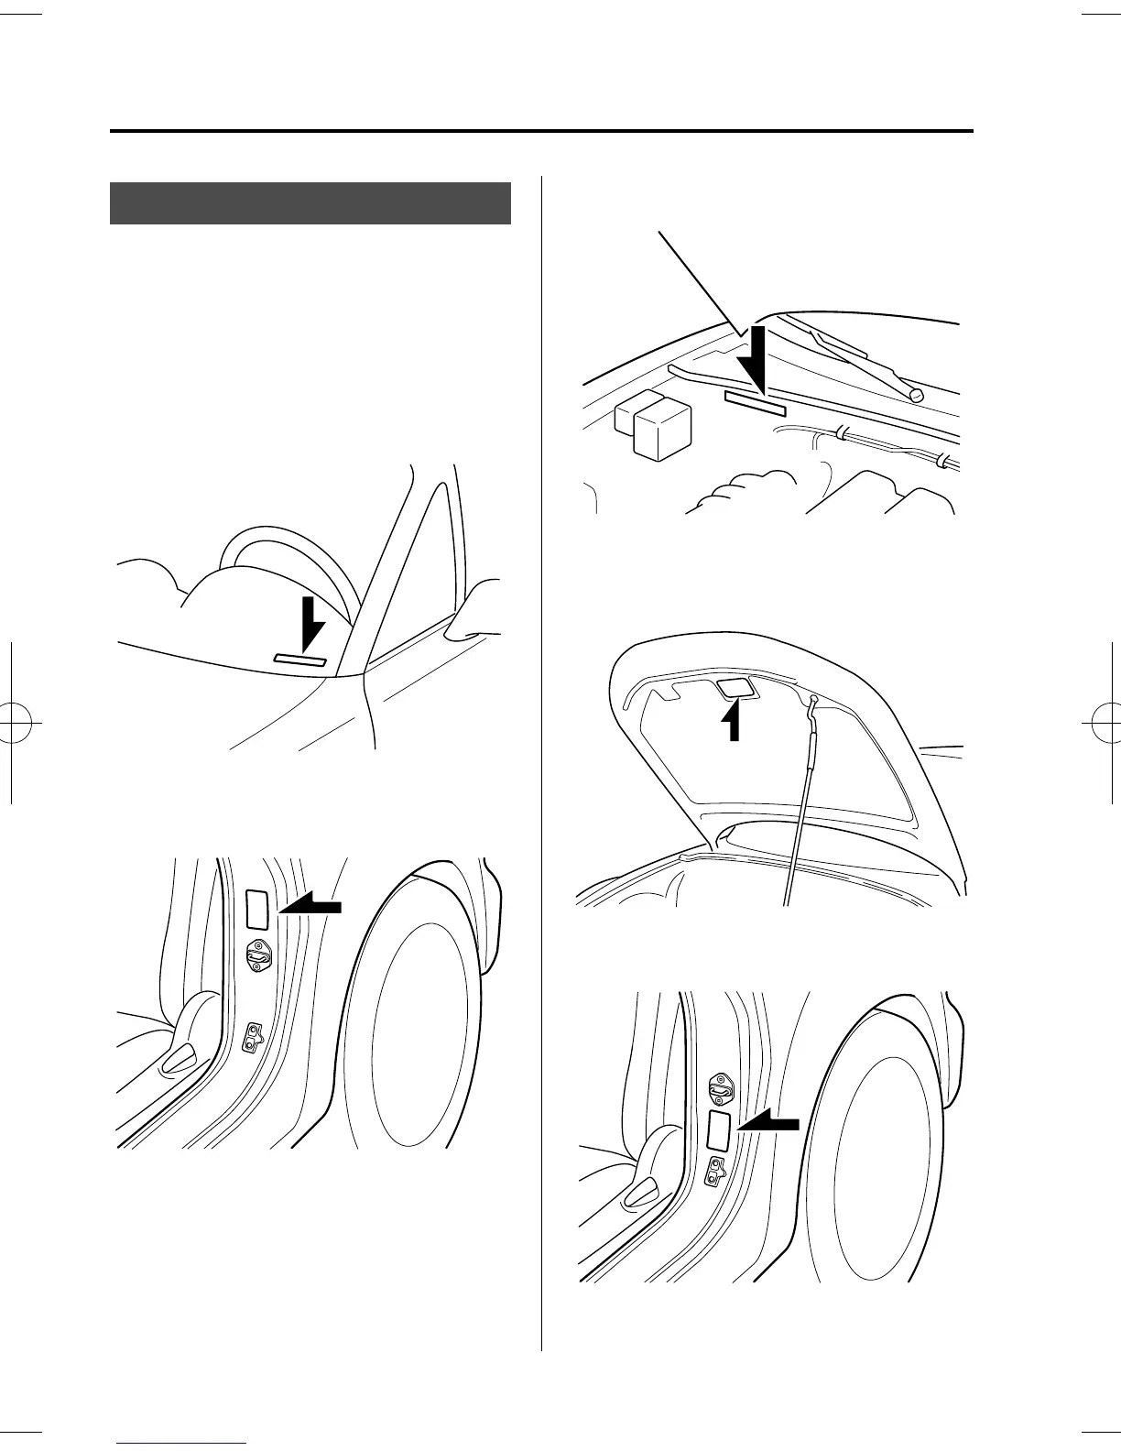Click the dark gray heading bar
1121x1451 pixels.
pyautogui.click(x=310, y=202)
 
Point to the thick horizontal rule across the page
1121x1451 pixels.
pyautogui.click(x=540, y=131)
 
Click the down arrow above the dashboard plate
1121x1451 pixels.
pyautogui.click(x=311, y=623)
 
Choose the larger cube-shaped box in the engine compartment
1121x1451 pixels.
pyautogui.click(x=662, y=431)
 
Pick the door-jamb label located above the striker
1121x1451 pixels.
pyautogui.click(x=258, y=908)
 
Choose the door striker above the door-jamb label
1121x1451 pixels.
pyautogui.click(x=720, y=1086)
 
